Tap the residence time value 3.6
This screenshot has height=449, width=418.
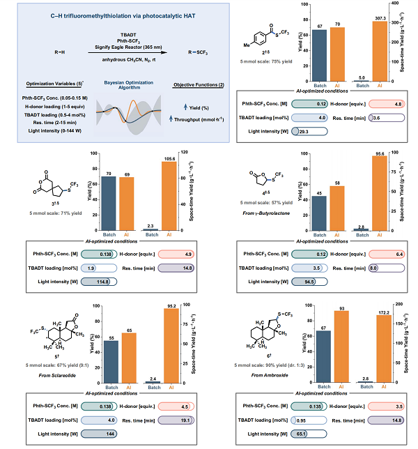(378, 119)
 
